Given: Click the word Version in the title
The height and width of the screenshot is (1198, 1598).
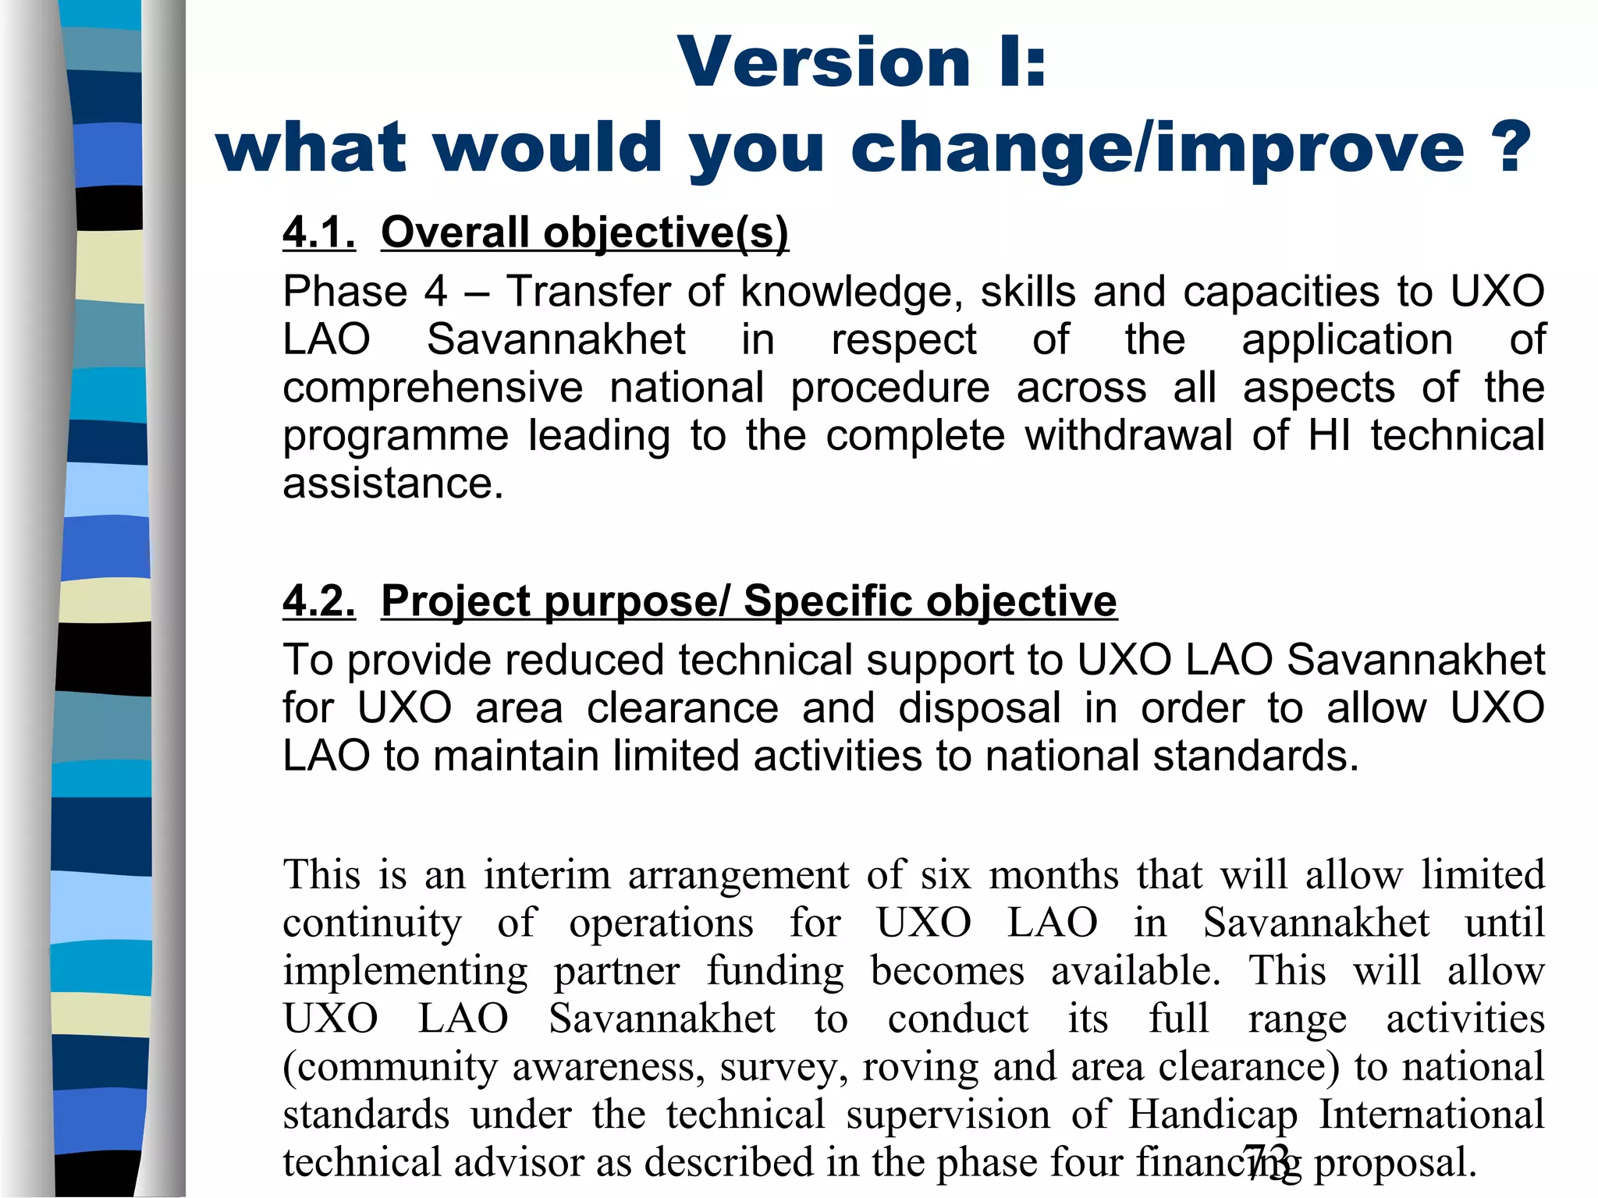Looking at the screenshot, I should [x=823, y=62].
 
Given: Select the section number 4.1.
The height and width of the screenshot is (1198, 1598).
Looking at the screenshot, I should [x=319, y=232].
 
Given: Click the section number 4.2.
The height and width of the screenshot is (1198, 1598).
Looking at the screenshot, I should [x=319, y=601].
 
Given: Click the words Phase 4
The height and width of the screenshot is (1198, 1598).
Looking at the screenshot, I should [x=365, y=292].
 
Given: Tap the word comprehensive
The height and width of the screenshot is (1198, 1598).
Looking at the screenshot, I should [x=432, y=388].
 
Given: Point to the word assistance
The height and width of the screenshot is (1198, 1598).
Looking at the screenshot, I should [x=392, y=484].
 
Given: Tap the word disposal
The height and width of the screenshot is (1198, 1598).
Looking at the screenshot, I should [x=979, y=709].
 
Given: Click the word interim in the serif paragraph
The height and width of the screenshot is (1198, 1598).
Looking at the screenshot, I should [x=546, y=875].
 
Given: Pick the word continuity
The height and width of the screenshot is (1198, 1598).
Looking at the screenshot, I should [x=372, y=923].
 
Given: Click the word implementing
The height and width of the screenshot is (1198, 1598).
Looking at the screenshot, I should [x=405, y=972].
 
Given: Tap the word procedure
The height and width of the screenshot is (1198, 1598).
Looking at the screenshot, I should [x=890, y=388].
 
